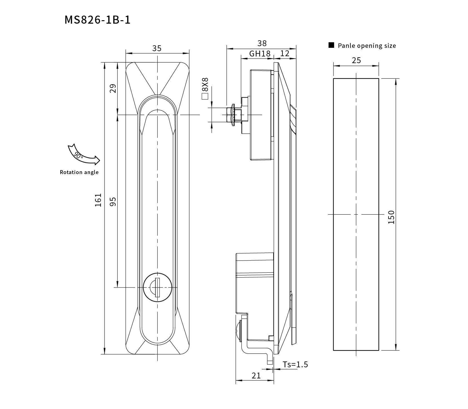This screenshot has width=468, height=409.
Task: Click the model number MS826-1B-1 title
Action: tap(98, 20)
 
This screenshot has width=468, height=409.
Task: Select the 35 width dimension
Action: tap(157, 48)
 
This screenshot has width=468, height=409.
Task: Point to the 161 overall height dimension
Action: tap(98, 200)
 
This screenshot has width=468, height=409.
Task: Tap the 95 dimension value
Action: tap(113, 201)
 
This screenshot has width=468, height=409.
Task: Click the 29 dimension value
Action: tap(113, 88)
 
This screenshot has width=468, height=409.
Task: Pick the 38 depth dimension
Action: tap(262, 43)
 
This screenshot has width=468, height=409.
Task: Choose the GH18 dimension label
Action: tap(260, 54)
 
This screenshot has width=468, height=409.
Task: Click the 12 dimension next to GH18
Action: tap(285, 53)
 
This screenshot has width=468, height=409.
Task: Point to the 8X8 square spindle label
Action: tap(205, 85)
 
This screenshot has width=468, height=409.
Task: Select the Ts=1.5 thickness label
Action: tap(295, 364)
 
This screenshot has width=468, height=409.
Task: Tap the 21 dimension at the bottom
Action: tap(256, 375)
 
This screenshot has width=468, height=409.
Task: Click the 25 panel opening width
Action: tap(356, 60)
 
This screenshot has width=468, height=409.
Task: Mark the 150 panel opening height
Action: tap(391, 217)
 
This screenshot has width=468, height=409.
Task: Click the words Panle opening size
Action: tap(367, 46)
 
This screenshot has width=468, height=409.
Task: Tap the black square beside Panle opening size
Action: tap(331, 45)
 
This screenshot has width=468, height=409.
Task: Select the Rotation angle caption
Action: tap(79, 172)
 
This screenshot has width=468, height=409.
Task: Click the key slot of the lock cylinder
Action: tap(157, 287)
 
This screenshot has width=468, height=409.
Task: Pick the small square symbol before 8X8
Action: tap(205, 96)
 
